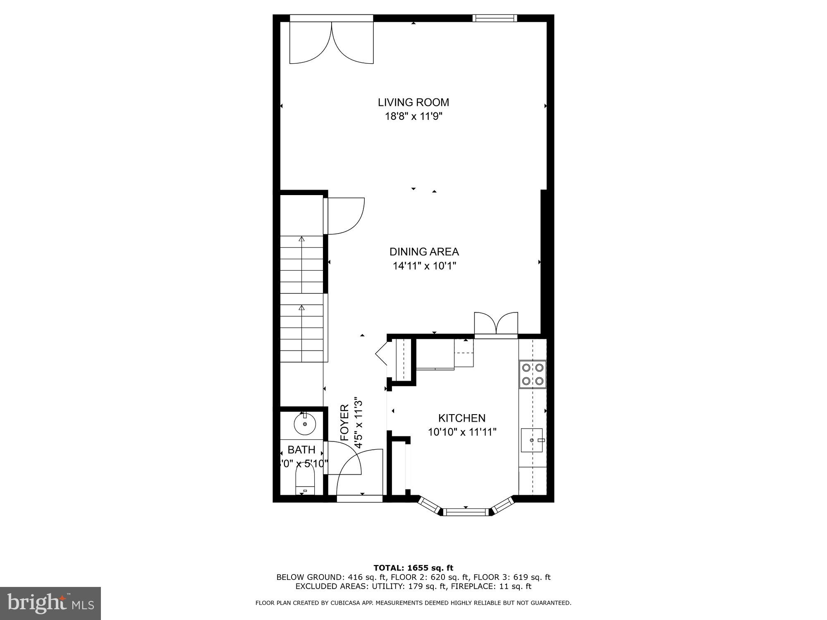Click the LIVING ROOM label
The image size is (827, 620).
[413, 102]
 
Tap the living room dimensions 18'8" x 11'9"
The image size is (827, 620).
[413, 116]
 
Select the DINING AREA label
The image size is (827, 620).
[424, 252]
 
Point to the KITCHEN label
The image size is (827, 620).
[461, 418]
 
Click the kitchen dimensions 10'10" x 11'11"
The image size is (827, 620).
[461, 432]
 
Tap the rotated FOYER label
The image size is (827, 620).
[345, 422]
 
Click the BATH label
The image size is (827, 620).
[301, 450]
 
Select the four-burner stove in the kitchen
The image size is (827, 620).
[533, 374]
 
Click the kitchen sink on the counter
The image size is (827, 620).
[532, 440]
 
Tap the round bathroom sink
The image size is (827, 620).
[305, 424]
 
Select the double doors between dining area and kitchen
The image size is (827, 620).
[496, 324]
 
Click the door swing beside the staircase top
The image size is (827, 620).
[345, 216]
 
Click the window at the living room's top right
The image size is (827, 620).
[495, 18]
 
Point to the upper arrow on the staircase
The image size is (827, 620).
[301, 239]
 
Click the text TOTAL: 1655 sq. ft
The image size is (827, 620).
[413, 568]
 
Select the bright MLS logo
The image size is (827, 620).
[50, 603]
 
